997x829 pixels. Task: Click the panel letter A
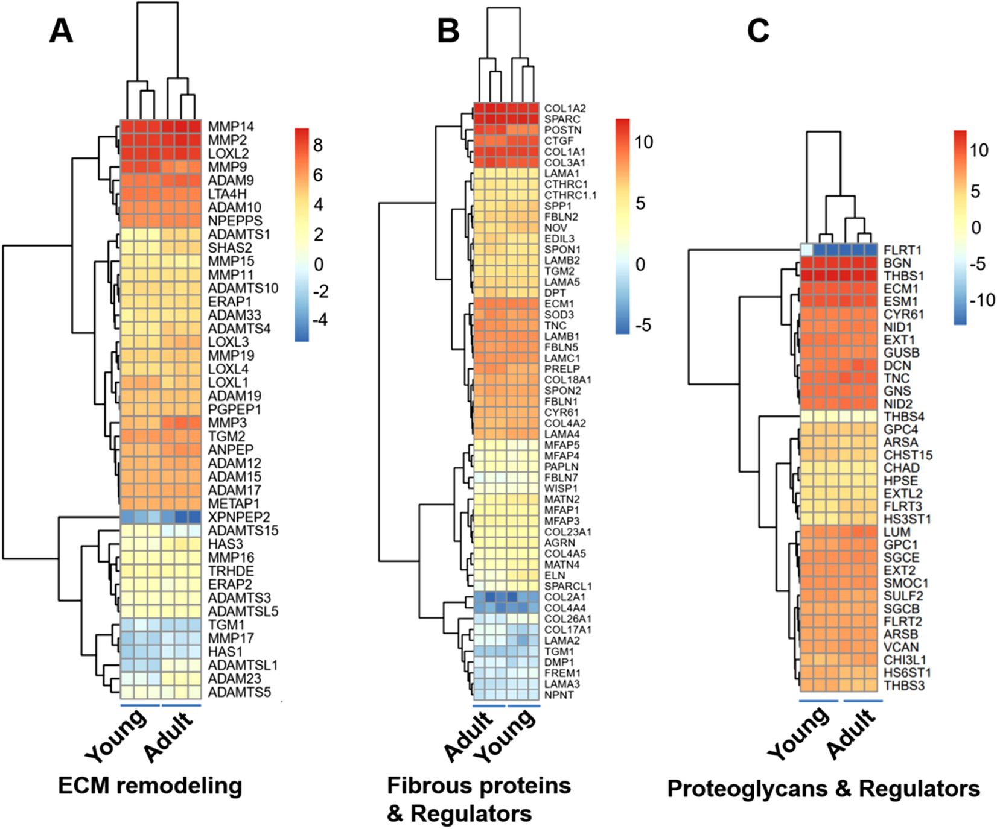point(61,31)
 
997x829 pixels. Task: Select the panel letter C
point(758,31)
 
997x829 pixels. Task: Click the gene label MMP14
point(231,127)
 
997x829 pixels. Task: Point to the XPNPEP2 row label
point(239,517)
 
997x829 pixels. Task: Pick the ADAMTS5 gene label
point(239,692)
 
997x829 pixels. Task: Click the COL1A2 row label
point(565,109)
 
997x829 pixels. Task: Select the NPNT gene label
point(559,695)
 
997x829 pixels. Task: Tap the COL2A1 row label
point(565,597)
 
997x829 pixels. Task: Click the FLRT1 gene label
point(902,250)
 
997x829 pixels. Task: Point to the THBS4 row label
point(903,417)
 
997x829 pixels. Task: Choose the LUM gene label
point(897,532)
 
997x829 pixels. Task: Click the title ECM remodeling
point(150,786)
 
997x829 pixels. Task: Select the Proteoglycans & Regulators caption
point(823,789)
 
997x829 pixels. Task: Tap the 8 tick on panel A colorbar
point(318,145)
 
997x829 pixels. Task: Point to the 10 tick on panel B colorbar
point(644,142)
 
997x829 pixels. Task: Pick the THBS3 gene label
point(903,686)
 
